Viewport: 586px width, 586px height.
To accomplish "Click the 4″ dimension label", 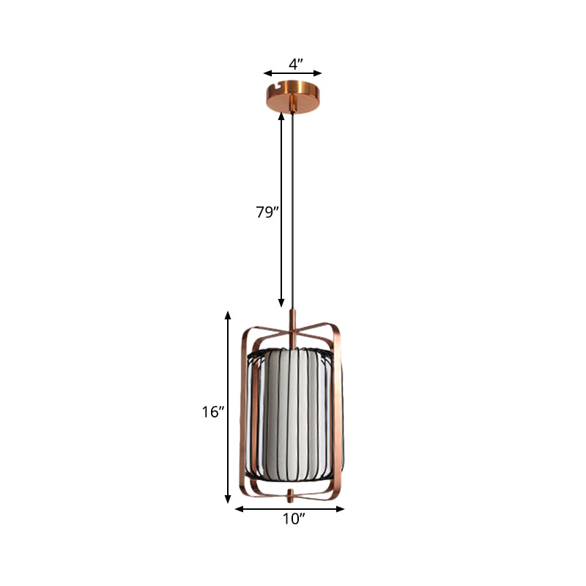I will (x=295, y=64).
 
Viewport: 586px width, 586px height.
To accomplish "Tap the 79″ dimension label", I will (x=267, y=213).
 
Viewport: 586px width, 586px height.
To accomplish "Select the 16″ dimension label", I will (x=212, y=412).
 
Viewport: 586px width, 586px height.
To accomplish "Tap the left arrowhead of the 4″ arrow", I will (x=267, y=73).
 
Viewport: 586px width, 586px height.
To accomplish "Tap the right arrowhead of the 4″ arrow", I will (x=319, y=73).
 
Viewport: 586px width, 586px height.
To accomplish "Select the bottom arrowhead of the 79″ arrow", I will (x=281, y=303).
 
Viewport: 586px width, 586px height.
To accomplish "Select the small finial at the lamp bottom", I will (x=292, y=496).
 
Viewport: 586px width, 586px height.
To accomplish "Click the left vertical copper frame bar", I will (x=243, y=410).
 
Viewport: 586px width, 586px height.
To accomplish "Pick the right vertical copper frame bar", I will (x=343, y=410).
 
